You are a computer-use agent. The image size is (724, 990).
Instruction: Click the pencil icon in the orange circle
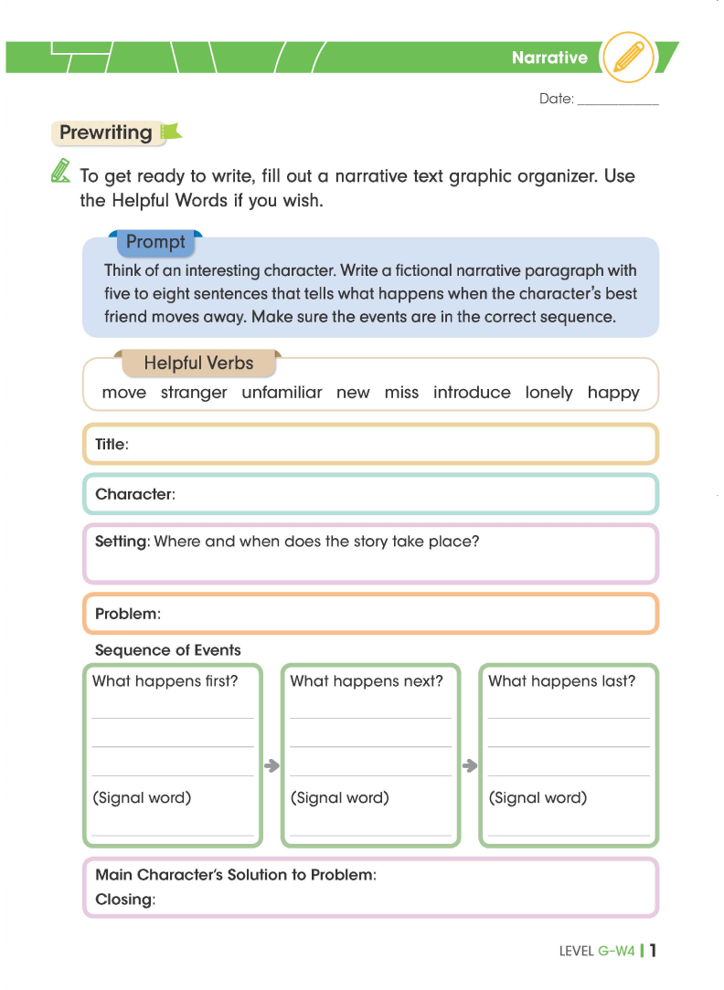(x=629, y=58)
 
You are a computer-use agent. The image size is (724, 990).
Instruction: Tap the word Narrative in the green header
(x=549, y=58)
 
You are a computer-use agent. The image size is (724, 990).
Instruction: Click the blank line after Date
(x=618, y=101)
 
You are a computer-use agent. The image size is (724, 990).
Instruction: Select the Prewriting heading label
(x=106, y=132)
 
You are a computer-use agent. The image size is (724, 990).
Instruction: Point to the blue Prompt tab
(x=155, y=242)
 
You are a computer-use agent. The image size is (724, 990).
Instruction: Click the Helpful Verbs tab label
(x=197, y=363)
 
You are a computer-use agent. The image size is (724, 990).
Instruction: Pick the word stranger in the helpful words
(x=194, y=393)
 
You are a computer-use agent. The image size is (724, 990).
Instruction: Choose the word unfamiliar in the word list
(x=282, y=393)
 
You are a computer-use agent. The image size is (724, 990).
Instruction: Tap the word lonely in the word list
(x=548, y=393)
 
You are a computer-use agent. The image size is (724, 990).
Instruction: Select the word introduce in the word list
(x=472, y=393)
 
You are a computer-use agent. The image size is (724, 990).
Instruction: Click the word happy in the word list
(x=613, y=393)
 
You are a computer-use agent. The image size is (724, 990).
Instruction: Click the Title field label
(x=112, y=444)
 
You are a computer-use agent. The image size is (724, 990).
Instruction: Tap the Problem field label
(x=127, y=614)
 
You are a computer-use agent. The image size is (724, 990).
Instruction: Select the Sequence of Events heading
(x=168, y=650)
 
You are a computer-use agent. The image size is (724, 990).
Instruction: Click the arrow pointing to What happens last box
(x=470, y=765)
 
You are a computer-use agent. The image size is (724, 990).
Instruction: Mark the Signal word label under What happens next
(x=340, y=797)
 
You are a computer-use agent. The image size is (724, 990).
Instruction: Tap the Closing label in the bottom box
(x=125, y=900)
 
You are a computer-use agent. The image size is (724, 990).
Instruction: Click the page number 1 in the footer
(x=654, y=951)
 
